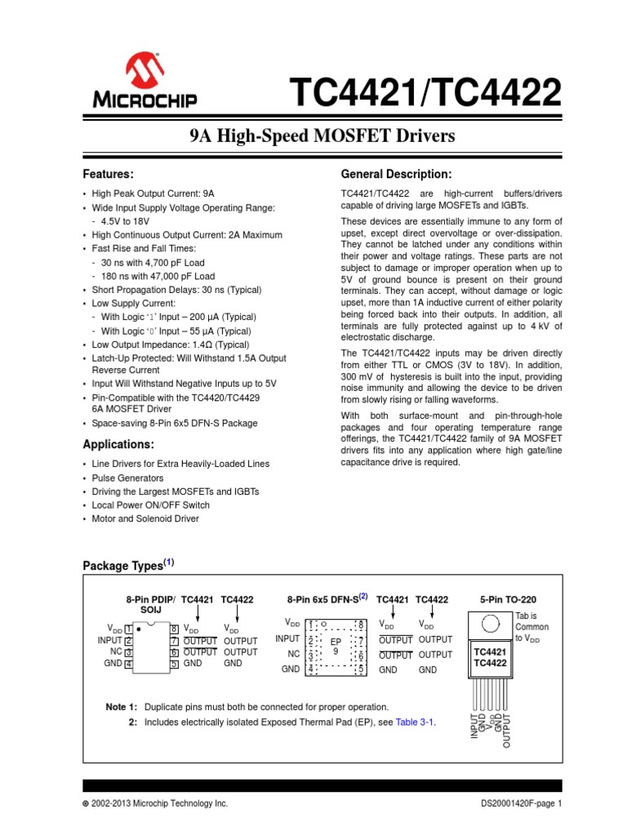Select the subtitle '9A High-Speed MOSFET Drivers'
click(316, 136)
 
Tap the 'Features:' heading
click(108, 174)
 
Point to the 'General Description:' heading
click(395, 174)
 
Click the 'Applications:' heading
click(118, 444)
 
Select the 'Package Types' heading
click(123, 566)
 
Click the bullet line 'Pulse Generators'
click(127, 478)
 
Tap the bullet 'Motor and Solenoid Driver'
click(145, 518)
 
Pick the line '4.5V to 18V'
click(126, 221)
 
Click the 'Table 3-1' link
click(410, 722)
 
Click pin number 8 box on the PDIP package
click(174, 629)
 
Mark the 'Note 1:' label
click(122, 706)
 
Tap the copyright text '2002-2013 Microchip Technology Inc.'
click(160, 804)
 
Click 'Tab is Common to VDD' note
click(531, 627)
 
